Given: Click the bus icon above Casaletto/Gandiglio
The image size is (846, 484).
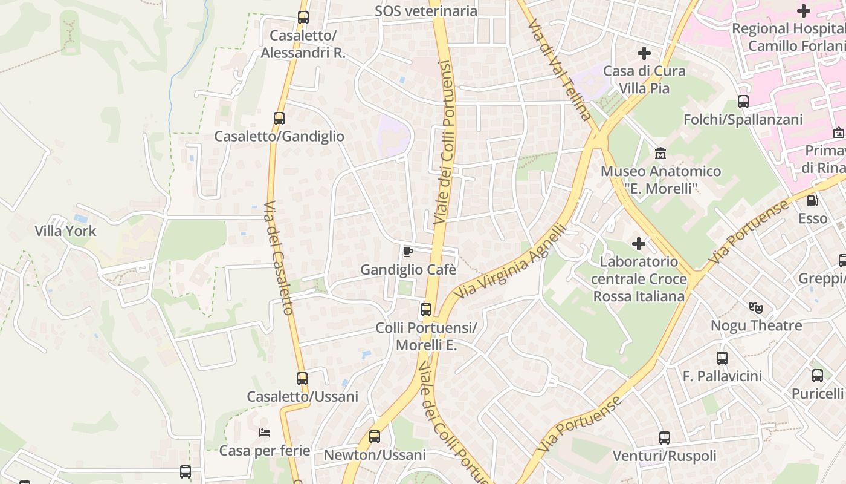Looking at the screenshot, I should click(279, 119).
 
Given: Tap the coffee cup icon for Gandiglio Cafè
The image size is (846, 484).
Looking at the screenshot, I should click(408, 251).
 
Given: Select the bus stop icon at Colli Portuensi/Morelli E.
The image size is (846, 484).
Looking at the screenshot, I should click(426, 310).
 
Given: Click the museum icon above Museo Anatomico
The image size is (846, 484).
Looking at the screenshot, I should click(660, 153).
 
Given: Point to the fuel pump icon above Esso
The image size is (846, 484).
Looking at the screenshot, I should click(813, 200).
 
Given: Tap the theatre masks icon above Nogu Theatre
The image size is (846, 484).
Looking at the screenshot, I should click(756, 308).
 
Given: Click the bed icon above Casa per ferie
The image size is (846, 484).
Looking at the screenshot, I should click(265, 433).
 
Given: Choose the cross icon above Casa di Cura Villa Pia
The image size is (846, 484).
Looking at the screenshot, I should click(644, 53).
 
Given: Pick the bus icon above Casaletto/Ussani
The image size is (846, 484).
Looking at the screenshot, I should click(302, 379).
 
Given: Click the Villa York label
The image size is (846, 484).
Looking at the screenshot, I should click(65, 231).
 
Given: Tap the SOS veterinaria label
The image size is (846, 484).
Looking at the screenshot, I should click(426, 11).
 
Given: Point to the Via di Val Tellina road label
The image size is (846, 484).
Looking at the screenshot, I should click(559, 70).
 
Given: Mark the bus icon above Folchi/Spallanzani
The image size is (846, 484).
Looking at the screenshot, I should click(743, 102).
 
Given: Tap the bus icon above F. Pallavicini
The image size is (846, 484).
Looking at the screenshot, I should click(722, 358).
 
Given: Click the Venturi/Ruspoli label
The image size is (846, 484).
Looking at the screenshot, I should click(665, 456).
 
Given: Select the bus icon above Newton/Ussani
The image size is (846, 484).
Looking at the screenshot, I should click(375, 437).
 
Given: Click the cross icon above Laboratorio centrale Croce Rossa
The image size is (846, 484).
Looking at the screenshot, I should click(639, 244).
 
